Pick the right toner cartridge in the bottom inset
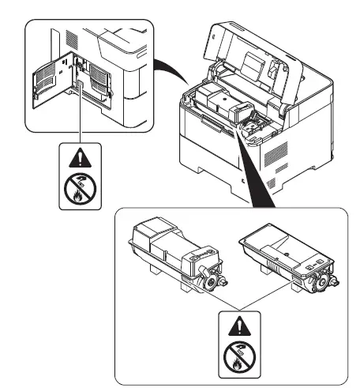click(x=283, y=254)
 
